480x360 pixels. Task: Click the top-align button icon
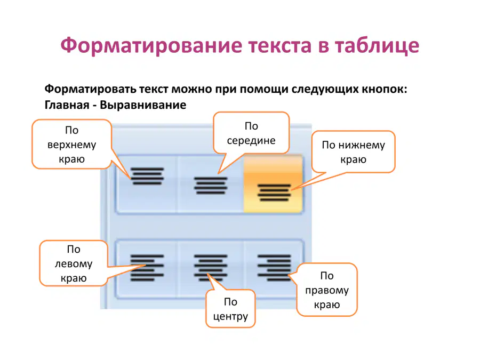tap(147, 176)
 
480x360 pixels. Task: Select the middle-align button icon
tap(211, 186)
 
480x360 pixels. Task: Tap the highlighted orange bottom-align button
tap(274, 183)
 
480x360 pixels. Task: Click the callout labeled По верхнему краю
tap(72, 144)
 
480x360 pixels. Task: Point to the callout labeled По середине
tap(251, 133)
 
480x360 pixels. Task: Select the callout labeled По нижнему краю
tap(354, 152)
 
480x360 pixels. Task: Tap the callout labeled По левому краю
tap(74, 263)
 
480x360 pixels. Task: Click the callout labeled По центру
tap(230, 309)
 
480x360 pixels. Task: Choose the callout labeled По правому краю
tap(327, 290)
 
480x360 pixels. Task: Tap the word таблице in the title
tap(377, 46)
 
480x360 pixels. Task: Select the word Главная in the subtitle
tap(67, 105)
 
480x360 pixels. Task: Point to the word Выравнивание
tap(143, 105)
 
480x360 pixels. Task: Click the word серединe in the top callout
tap(251, 140)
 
